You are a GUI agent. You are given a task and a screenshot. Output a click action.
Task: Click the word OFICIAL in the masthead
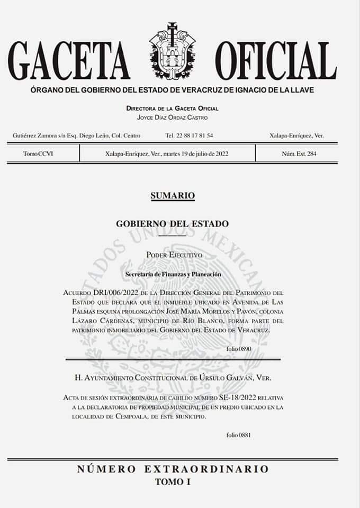[275, 60]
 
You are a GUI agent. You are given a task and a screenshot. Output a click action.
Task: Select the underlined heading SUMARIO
[173, 196]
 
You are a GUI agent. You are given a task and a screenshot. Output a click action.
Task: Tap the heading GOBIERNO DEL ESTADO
[173, 223]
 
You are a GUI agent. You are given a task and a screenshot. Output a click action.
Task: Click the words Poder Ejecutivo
[174, 255]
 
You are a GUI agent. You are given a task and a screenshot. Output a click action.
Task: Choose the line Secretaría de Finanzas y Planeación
[173, 274]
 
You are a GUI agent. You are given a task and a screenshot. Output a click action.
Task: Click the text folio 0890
[238, 349]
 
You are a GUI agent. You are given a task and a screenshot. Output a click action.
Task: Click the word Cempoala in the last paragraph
[131, 416]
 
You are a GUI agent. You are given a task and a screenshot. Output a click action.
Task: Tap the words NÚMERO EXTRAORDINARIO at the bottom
[173, 469]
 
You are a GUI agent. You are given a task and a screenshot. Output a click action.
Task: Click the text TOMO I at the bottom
[173, 482]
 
